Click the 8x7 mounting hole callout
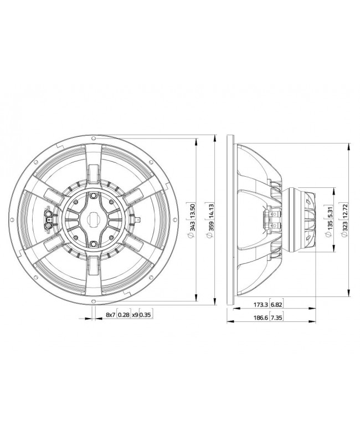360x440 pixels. pos(110,315)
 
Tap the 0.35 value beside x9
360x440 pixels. pos(145,315)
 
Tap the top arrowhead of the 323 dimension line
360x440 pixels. pos(348,146)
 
